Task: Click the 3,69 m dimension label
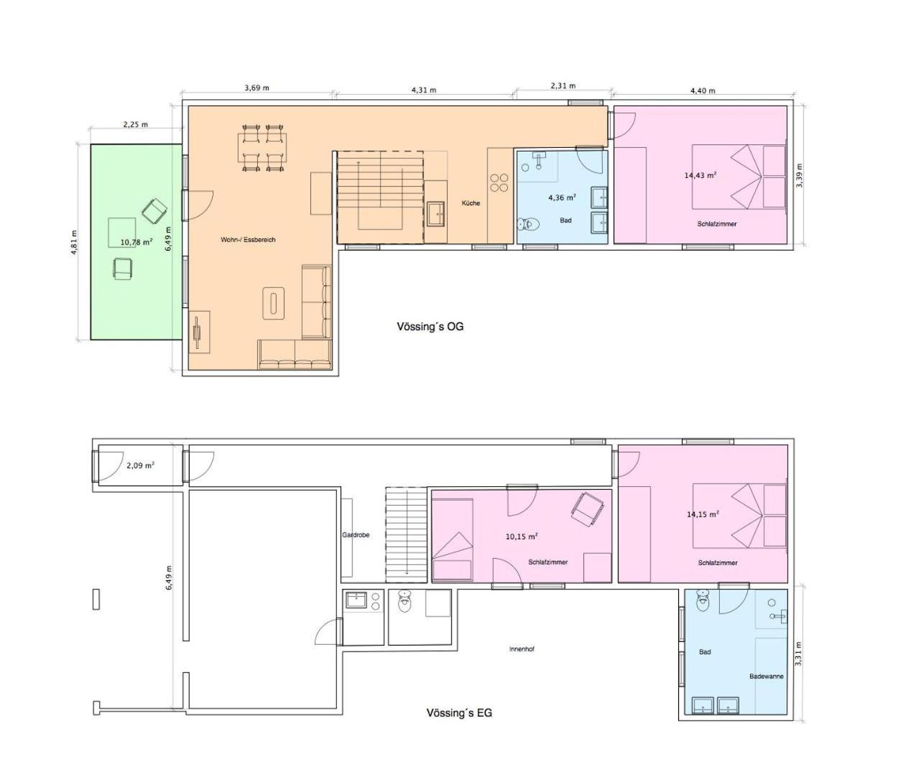tap(256, 88)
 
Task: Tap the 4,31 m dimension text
tap(424, 90)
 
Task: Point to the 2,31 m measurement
tap(563, 86)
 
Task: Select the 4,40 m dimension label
tap(703, 90)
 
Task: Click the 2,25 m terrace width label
tap(136, 124)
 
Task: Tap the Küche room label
tap(471, 203)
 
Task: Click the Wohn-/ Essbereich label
tap(248, 240)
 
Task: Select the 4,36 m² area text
tap(562, 197)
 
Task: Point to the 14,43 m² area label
tap(701, 175)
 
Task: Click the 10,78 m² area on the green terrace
tap(137, 242)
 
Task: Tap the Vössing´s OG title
tap(430, 327)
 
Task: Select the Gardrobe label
tap(356, 535)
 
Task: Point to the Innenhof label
tap(522, 649)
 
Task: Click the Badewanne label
tap(766, 676)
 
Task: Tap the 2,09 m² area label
tap(140, 466)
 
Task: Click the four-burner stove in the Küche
tap(499, 182)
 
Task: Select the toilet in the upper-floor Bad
tap(526, 224)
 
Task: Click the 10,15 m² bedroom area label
tap(522, 536)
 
